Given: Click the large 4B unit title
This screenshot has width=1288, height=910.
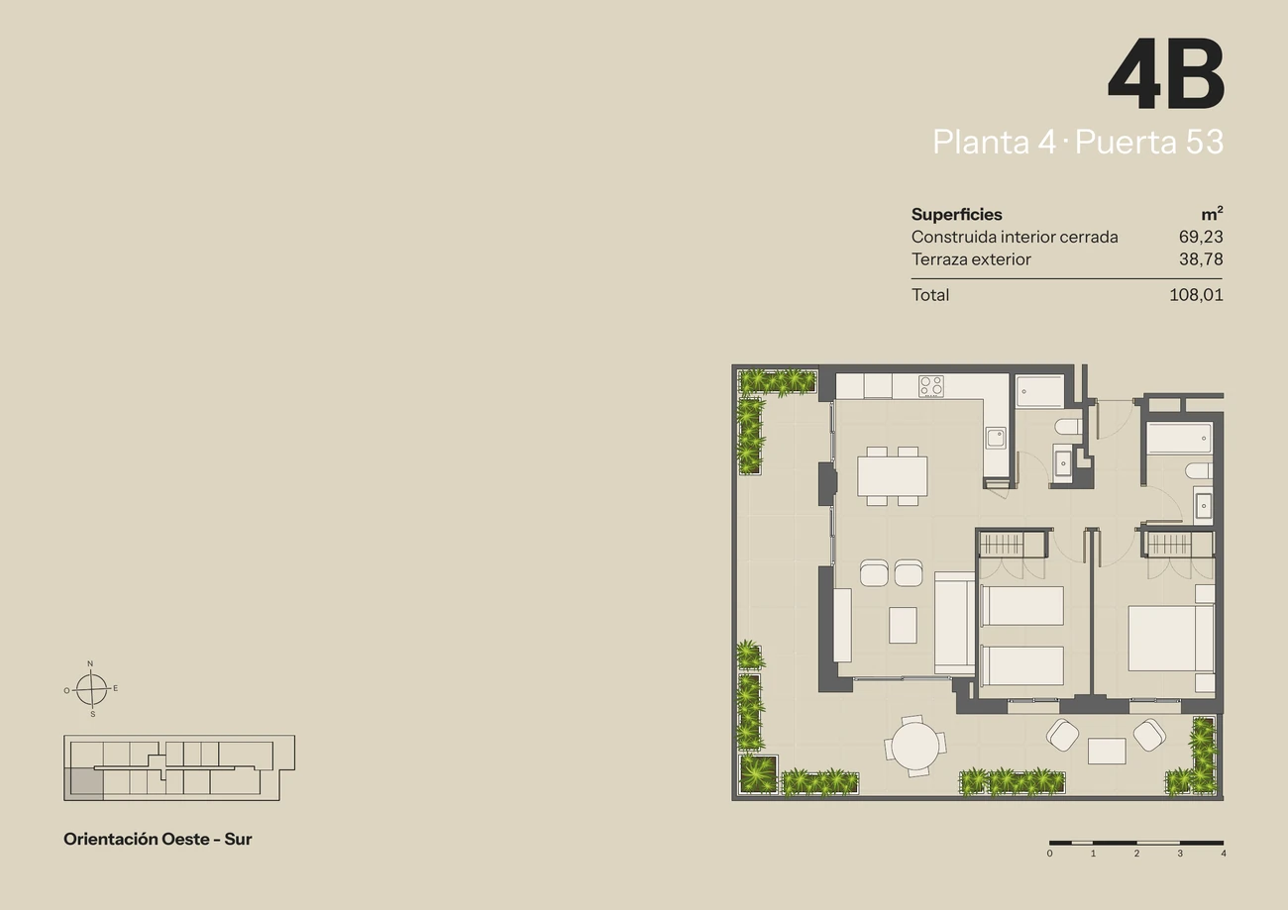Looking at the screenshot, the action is (x=1165, y=73).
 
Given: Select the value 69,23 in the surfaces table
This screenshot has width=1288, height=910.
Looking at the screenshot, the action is (x=1201, y=237).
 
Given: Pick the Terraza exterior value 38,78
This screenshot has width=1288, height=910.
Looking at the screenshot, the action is (x=1201, y=259).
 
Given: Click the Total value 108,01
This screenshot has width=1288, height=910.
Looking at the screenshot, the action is (x=1196, y=295).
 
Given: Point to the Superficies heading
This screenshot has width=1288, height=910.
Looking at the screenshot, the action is (x=956, y=214).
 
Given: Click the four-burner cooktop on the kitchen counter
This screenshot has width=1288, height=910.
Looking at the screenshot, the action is (x=931, y=386).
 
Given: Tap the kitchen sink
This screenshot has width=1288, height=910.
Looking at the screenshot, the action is (x=996, y=438).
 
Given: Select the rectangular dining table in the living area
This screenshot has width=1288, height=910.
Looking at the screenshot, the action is (x=892, y=475).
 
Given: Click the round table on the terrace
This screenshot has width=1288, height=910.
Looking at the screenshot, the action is (x=914, y=747).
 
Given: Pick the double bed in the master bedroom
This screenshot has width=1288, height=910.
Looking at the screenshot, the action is (x=1171, y=638).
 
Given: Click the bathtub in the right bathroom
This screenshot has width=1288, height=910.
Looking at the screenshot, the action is (x=1179, y=439).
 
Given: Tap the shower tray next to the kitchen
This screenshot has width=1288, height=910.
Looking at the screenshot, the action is (x=1039, y=391).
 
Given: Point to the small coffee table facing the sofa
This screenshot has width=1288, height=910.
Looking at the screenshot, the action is (x=903, y=625).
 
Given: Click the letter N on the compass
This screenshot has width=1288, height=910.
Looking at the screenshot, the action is (x=90, y=663).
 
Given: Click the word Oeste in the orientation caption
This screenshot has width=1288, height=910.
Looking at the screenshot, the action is (x=185, y=839).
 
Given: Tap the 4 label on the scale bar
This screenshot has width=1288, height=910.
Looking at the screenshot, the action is (x=1223, y=854).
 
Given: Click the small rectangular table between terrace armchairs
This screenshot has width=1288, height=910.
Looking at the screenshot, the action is (x=1107, y=752).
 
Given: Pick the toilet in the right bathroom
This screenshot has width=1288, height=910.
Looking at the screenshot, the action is (x=1199, y=471).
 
